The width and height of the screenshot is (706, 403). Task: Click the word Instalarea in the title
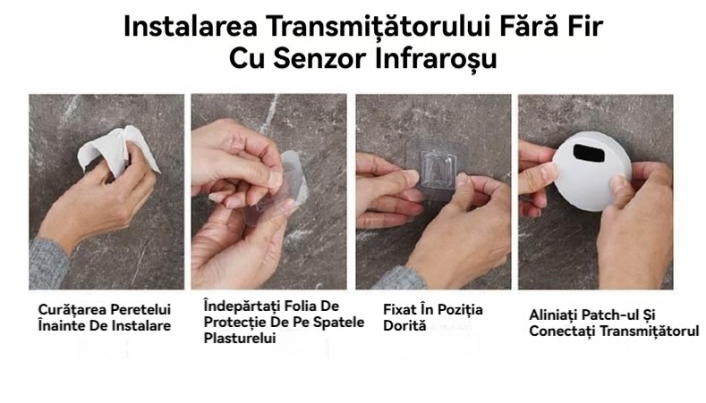(191, 26)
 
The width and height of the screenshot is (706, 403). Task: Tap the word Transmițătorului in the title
(379, 27)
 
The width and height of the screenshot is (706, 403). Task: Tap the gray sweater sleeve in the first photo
(48, 263)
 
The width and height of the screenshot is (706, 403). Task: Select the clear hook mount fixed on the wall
(436, 170)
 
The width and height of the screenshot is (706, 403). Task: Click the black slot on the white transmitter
(589, 153)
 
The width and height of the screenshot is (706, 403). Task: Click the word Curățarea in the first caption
(72, 310)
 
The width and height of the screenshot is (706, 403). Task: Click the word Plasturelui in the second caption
(240, 339)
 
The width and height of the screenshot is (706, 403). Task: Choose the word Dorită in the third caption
(404, 325)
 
